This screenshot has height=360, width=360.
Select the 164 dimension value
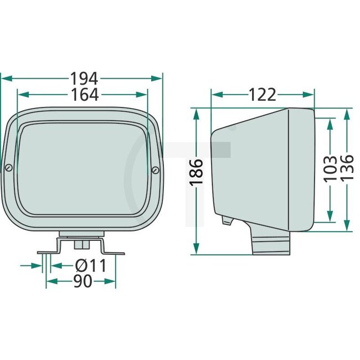[x=84, y=95]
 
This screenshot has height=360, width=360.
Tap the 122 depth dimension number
[x=262, y=95]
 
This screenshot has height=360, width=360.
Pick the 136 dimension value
[x=347, y=167]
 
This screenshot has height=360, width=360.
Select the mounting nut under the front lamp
[x=81, y=244]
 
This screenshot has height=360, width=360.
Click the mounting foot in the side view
[x=271, y=244]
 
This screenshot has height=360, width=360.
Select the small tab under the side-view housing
[x=226, y=221]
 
